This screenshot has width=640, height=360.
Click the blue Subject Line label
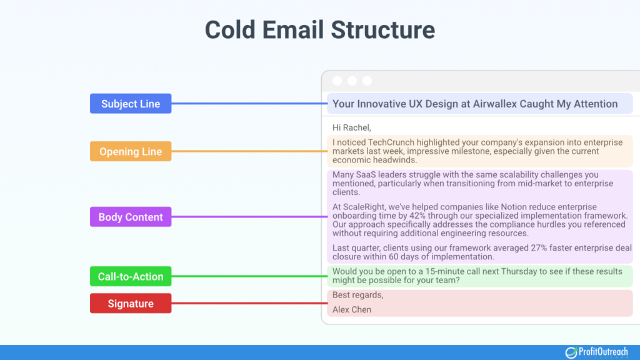point(131,104)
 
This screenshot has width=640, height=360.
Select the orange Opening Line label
point(131,151)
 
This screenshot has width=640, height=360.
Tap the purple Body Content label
point(131,217)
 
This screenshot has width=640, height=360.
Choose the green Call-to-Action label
point(131,276)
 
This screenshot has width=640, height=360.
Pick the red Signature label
point(131,304)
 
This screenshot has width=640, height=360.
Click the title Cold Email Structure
point(320,30)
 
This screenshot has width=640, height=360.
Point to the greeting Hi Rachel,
point(352,127)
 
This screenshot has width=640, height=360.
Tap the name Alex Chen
point(352,309)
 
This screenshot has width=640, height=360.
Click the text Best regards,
point(357,295)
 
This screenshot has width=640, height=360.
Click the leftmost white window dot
point(337,81)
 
